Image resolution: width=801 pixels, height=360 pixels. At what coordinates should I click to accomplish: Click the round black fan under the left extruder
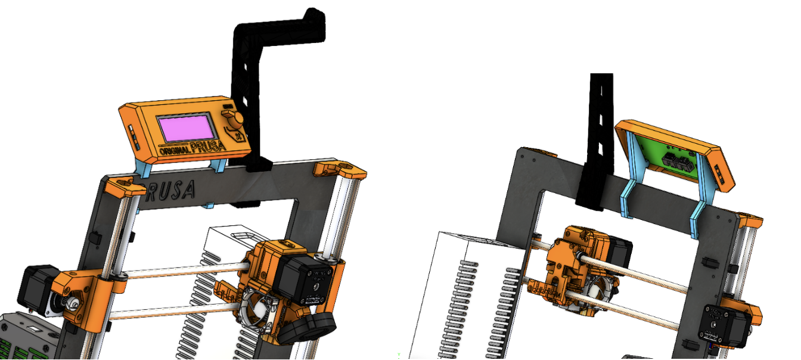[307, 328]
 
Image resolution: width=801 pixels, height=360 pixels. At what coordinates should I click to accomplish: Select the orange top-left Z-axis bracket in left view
[124, 187]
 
